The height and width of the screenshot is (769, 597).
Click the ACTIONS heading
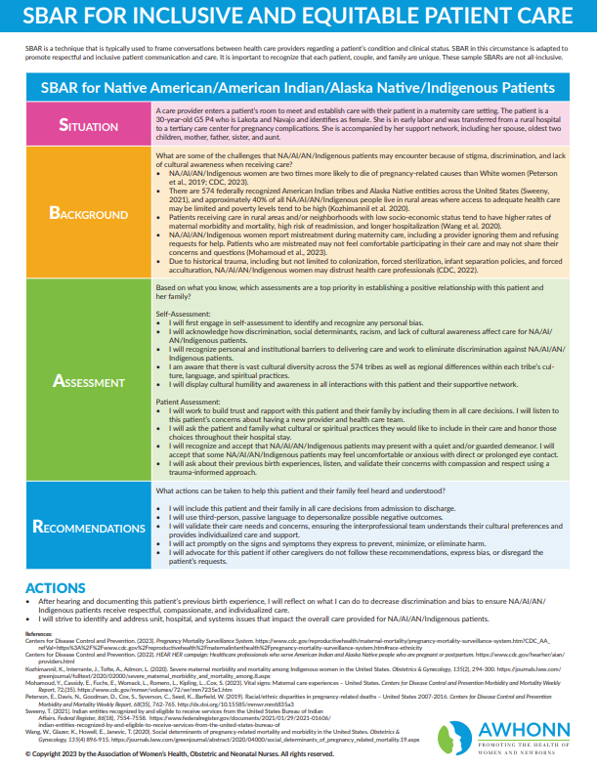point(57,586)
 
